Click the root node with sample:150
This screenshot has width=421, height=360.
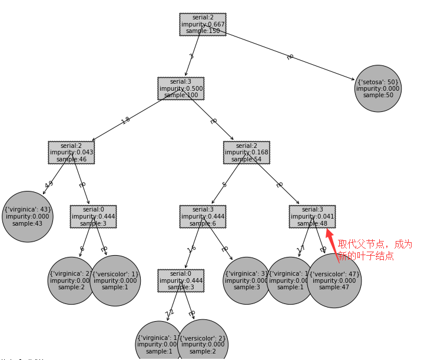(x=203, y=25)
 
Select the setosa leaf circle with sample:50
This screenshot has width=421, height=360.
(x=377, y=88)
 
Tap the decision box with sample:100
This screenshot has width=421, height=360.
(x=181, y=88)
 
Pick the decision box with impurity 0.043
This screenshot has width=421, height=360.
(x=71, y=152)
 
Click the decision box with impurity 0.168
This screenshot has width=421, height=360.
(x=246, y=152)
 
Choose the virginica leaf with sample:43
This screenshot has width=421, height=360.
(x=28, y=216)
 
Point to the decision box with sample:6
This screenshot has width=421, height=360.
(x=203, y=216)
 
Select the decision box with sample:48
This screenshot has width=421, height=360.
(x=312, y=216)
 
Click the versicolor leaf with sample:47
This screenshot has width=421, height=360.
(x=334, y=280)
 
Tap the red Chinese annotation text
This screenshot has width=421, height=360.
(x=374, y=250)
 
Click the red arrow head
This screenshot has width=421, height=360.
(x=330, y=234)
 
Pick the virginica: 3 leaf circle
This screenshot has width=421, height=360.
(x=246, y=280)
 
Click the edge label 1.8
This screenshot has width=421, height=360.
(x=125, y=120)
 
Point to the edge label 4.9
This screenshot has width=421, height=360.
(x=49, y=184)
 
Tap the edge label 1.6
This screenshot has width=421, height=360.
(x=191, y=249)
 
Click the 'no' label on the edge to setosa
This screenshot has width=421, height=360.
(x=290, y=57)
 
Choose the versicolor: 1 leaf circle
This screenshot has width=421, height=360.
(x=115, y=280)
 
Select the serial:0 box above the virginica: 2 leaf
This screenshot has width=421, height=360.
(x=93, y=216)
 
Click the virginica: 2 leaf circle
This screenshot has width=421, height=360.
(x=71, y=280)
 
